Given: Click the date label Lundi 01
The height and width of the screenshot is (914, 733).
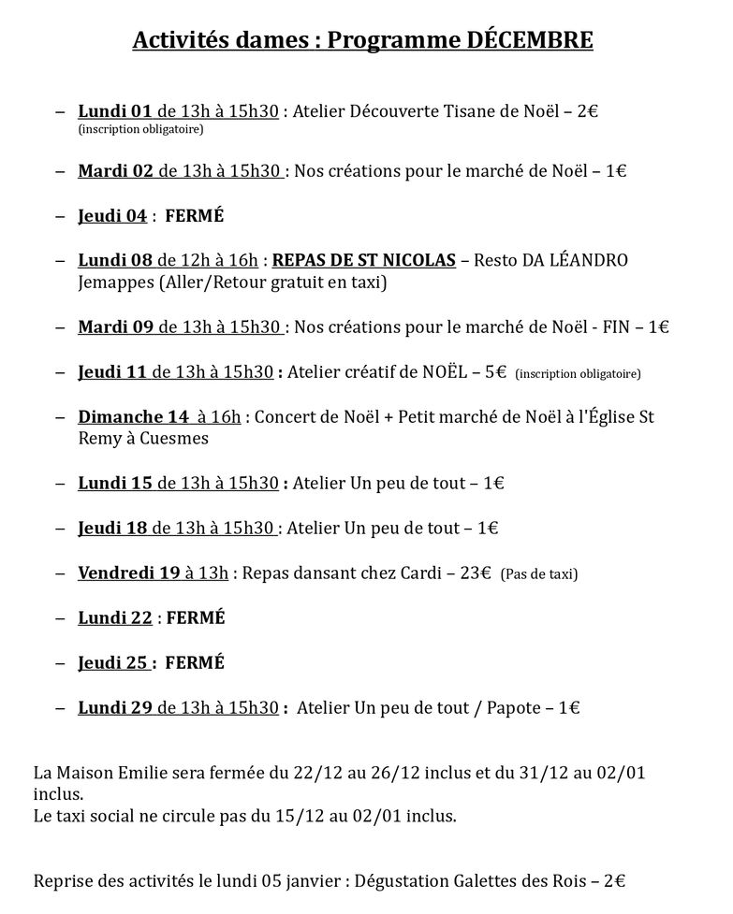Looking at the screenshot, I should (x=115, y=111).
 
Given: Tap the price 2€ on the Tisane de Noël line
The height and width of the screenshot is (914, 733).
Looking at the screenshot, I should (x=587, y=111).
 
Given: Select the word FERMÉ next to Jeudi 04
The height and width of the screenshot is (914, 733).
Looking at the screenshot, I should (x=195, y=216).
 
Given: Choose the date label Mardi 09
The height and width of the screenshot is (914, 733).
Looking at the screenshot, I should (x=115, y=326).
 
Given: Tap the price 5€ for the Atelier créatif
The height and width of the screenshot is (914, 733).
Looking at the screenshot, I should (x=494, y=371).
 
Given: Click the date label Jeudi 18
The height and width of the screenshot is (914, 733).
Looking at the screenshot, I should (x=112, y=528).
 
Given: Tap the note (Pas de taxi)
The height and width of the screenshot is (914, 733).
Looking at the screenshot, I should (x=539, y=573).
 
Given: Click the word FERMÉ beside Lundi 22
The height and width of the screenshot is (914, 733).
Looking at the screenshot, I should (x=195, y=617).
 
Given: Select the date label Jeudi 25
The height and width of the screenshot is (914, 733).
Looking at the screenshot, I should (x=113, y=662).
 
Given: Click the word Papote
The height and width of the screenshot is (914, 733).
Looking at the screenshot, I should (x=516, y=708).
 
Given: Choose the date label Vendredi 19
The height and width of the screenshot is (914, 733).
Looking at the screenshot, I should (x=128, y=573).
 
